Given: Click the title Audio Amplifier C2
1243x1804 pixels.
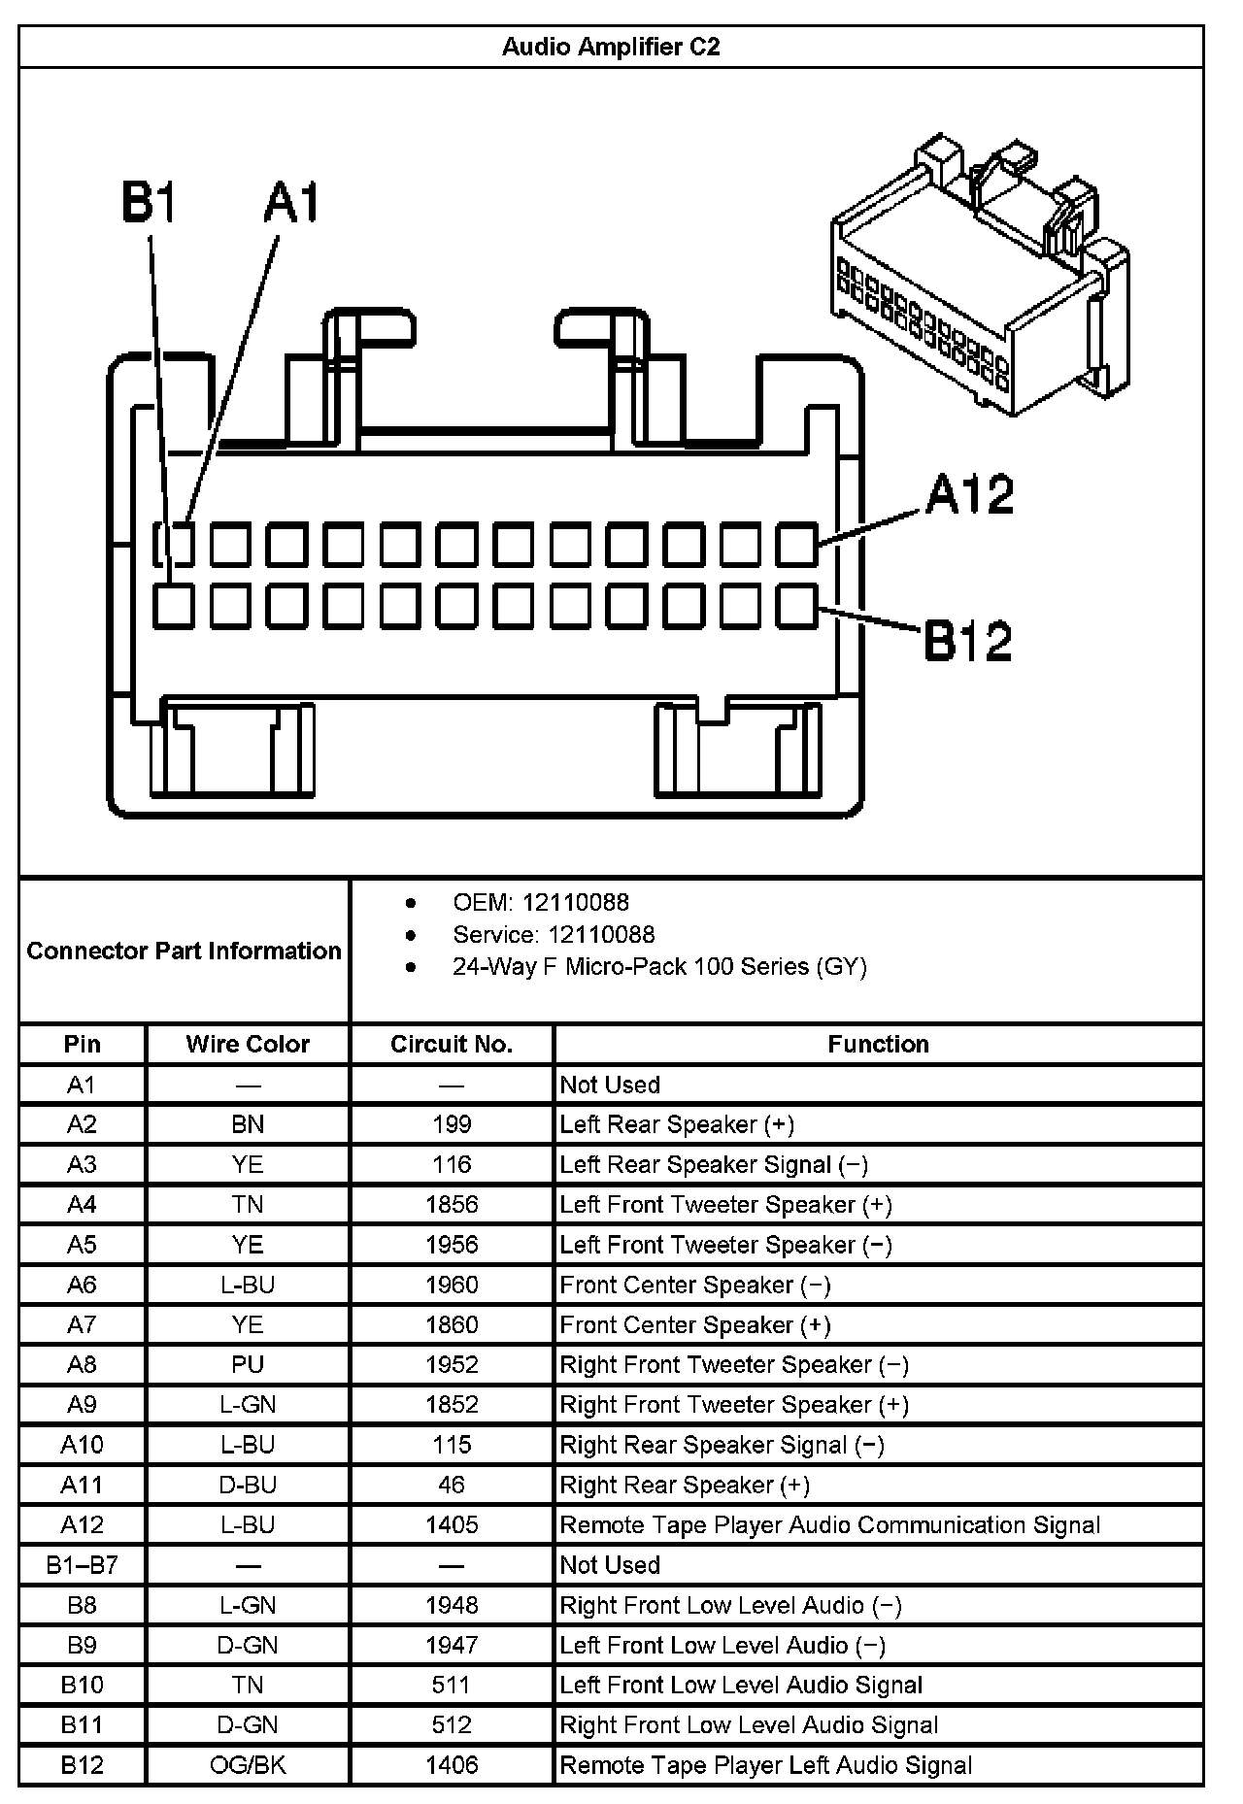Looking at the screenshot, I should [x=611, y=47].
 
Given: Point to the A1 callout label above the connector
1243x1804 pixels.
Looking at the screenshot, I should [x=291, y=204].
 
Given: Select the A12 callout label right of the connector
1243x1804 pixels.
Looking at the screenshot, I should [x=969, y=494].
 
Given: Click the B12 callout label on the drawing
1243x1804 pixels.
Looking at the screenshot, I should [x=967, y=641].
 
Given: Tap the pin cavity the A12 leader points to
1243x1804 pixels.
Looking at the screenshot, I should [x=797, y=545].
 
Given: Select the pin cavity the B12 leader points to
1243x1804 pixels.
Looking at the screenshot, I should [x=797, y=607].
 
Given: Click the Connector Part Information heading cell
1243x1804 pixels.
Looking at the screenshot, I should [x=185, y=951].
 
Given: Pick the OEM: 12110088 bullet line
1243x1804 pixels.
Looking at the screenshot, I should [x=540, y=903].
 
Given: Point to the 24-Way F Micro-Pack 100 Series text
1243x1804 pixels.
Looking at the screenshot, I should [x=658, y=967].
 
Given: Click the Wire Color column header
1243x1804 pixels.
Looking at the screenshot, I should [x=248, y=1044].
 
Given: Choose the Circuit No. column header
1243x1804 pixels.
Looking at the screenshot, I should [x=452, y=1044].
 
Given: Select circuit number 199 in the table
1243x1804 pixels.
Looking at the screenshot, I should [x=452, y=1124].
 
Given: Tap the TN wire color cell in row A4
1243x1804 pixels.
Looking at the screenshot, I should [x=248, y=1205].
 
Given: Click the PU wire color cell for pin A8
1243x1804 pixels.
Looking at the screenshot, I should [x=248, y=1364].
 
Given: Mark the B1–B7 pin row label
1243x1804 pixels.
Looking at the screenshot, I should [x=82, y=1565].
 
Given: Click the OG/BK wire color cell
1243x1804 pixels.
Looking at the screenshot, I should [x=248, y=1765].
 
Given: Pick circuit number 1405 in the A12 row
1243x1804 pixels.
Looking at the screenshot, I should [x=452, y=1525].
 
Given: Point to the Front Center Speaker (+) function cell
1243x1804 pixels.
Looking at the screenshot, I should [x=695, y=1325].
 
